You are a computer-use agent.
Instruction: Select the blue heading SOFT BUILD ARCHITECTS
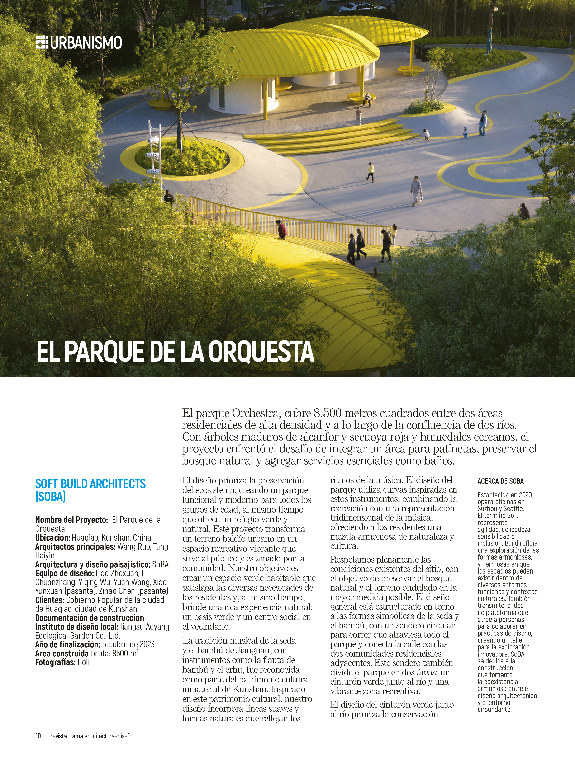point(90,484)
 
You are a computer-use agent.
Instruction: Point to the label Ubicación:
point(52,538)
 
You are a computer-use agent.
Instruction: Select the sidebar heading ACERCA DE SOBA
point(500,481)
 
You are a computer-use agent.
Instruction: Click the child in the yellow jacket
point(371,171)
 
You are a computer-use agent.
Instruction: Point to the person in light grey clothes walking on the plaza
point(416,190)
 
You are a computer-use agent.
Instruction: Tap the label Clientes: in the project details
point(50,600)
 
